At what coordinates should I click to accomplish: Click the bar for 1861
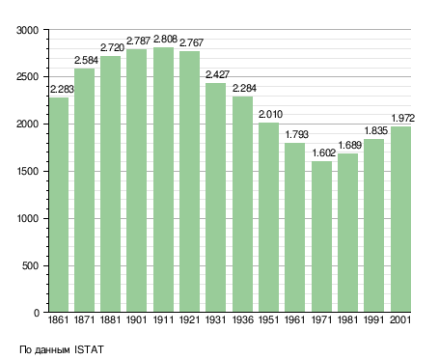tap(59, 205)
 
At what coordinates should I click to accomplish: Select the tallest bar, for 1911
tap(163, 180)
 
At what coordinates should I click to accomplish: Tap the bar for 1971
tap(321, 236)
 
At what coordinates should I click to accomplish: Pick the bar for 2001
tap(400, 219)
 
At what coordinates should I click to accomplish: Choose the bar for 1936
tap(242, 205)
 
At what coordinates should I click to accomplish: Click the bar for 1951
tap(268, 217)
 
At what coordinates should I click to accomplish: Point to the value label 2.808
tap(165, 39)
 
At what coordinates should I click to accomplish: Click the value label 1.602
tap(324, 152)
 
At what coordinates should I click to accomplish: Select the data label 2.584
tap(86, 60)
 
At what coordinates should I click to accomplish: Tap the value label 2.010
tap(270, 114)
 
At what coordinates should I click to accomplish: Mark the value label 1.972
tap(403, 118)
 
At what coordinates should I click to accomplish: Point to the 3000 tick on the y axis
tap(27, 30)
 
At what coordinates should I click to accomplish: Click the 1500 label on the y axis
tap(27, 171)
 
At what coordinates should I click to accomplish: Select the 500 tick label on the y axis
tap(30, 265)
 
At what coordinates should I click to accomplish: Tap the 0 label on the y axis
tap(37, 313)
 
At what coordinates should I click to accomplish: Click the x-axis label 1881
tap(110, 319)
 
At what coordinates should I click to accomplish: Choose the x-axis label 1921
tap(189, 319)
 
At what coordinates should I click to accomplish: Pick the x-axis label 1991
tap(374, 319)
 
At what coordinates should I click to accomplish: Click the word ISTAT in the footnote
tap(89, 349)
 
